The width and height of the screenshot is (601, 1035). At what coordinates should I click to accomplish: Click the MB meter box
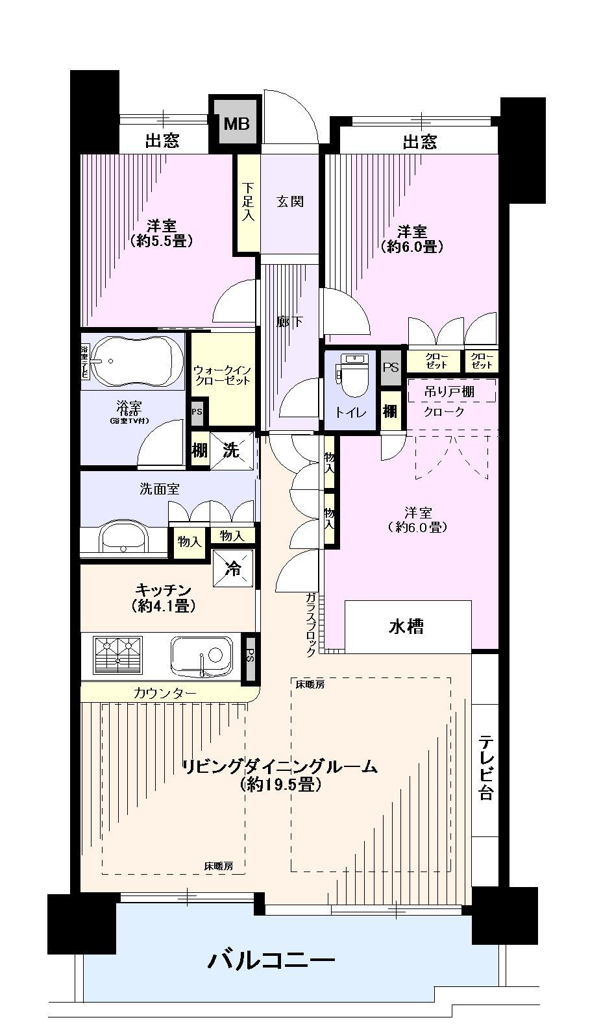(x=236, y=123)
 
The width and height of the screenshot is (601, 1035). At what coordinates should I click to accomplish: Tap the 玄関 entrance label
(x=290, y=202)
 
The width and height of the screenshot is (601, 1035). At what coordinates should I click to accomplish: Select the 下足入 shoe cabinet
(x=247, y=202)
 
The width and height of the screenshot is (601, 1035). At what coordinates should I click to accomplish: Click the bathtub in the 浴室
(x=134, y=361)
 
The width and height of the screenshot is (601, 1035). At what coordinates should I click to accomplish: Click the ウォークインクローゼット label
(x=221, y=375)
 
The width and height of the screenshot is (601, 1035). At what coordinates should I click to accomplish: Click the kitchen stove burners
(x=118, y=655)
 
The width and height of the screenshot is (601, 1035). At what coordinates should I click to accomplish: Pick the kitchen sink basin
(x=202, y=655)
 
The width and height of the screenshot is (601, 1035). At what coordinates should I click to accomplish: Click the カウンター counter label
(x=165, y=693)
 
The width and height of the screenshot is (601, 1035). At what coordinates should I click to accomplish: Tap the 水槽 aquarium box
(x=407, y=627)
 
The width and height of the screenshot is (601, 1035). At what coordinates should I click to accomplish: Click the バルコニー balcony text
(x=271, y=959)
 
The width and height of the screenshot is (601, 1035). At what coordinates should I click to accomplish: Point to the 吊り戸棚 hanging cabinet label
(x=450, y=391)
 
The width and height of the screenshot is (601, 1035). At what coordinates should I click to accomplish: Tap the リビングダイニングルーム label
(x=280, y=766)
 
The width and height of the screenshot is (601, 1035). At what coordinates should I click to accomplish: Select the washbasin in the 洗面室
(x=123, y=537)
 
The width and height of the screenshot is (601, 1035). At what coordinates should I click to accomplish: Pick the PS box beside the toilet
(x=390, y=366)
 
